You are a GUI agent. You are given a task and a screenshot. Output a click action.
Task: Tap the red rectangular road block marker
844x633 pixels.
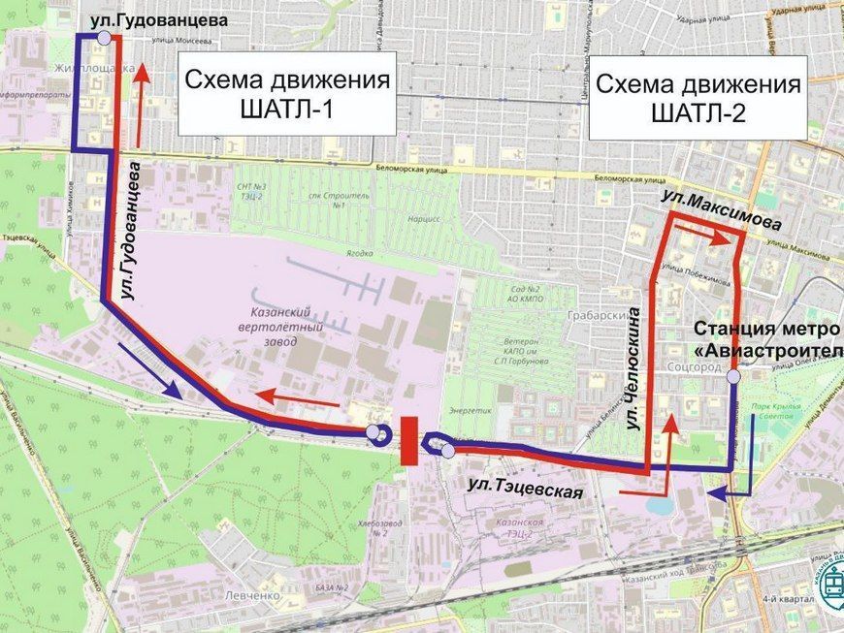[x=408, y=440]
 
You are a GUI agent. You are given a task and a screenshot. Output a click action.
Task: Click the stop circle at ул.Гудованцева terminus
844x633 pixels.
[x=104, y=38]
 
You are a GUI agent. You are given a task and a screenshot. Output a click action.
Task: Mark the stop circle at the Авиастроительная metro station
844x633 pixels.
[x=734, y=376]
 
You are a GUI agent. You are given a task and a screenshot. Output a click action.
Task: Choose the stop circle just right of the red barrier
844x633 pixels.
[x=447, y=450]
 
